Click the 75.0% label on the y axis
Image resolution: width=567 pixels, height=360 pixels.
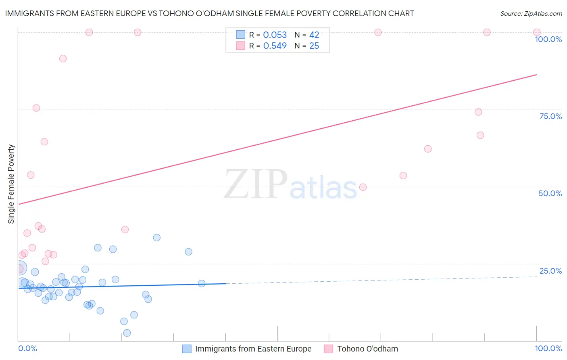click(x=550, y=116)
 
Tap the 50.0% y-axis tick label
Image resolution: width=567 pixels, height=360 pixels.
click(x=550, y=193)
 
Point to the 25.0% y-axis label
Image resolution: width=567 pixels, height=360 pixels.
click(x=550, y=271)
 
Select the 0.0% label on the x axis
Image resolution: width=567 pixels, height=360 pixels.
click(x=27, y=348)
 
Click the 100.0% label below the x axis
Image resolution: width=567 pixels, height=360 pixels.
click(x=548, y=348)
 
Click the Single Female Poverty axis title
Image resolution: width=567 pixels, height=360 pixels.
click(x=11, y=184)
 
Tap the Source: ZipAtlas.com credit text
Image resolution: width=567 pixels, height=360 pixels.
click(x=531, y=14)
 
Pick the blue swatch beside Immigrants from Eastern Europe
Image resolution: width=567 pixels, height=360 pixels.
click(x=187, y=349)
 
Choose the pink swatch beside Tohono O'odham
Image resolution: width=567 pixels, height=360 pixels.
click(x=329, y=349)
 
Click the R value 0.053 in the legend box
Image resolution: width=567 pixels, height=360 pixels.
click(x=275, y=35)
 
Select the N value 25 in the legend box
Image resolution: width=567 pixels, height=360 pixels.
click(x=314, y=46)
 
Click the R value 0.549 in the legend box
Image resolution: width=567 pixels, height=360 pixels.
click(x=275, y=46)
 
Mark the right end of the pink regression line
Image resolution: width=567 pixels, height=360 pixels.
click(x=537, y=75)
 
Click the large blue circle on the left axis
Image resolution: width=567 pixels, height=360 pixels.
click(x=20, y=268)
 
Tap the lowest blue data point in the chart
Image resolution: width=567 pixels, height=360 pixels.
click(x=127, y=333)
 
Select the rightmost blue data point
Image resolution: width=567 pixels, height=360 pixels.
click(x=202, y=283)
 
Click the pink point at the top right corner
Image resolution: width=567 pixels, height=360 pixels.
click(x=537, y=32)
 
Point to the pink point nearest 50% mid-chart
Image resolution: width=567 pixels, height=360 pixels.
click(x=363, y=187)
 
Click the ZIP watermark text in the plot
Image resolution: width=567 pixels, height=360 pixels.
click(x=256, y=184)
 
